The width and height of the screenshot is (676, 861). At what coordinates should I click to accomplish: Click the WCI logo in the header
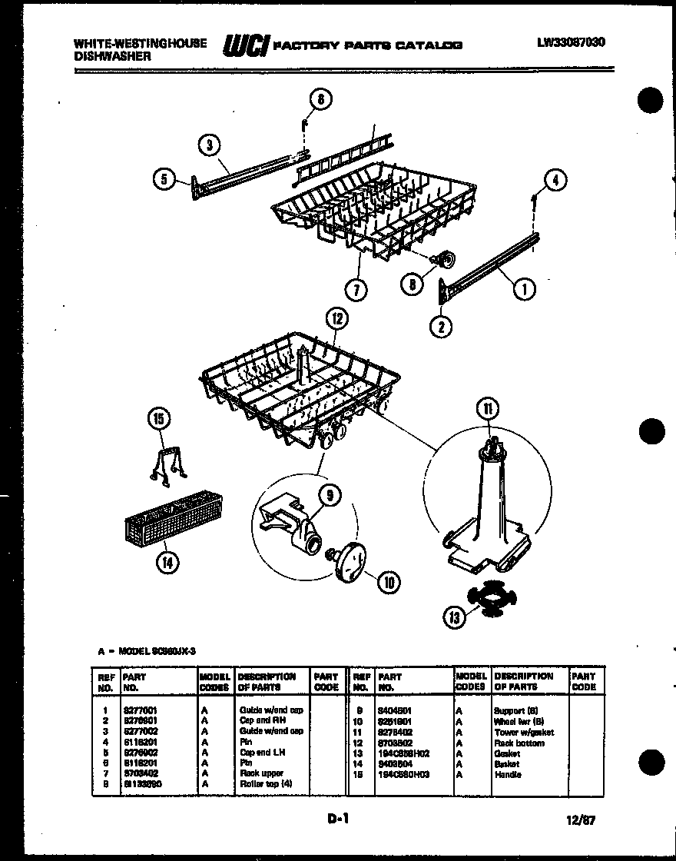pos(245,46)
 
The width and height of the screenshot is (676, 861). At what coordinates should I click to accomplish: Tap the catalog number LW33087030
pos(571,43)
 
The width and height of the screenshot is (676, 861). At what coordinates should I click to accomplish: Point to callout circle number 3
pos(208,144)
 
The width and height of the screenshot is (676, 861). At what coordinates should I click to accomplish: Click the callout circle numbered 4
pos(555,181)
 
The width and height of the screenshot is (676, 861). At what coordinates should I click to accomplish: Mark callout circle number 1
pos(525,288)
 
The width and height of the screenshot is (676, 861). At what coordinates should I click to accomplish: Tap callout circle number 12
pos(336,317)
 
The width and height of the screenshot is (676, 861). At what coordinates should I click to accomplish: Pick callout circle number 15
pos(157,418)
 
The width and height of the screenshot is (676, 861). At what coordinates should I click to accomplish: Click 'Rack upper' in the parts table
pos(261,773)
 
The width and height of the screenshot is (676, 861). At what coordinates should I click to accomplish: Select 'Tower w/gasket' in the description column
pos(524,733)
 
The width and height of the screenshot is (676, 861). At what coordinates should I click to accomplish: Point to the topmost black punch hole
pos(650,101)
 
